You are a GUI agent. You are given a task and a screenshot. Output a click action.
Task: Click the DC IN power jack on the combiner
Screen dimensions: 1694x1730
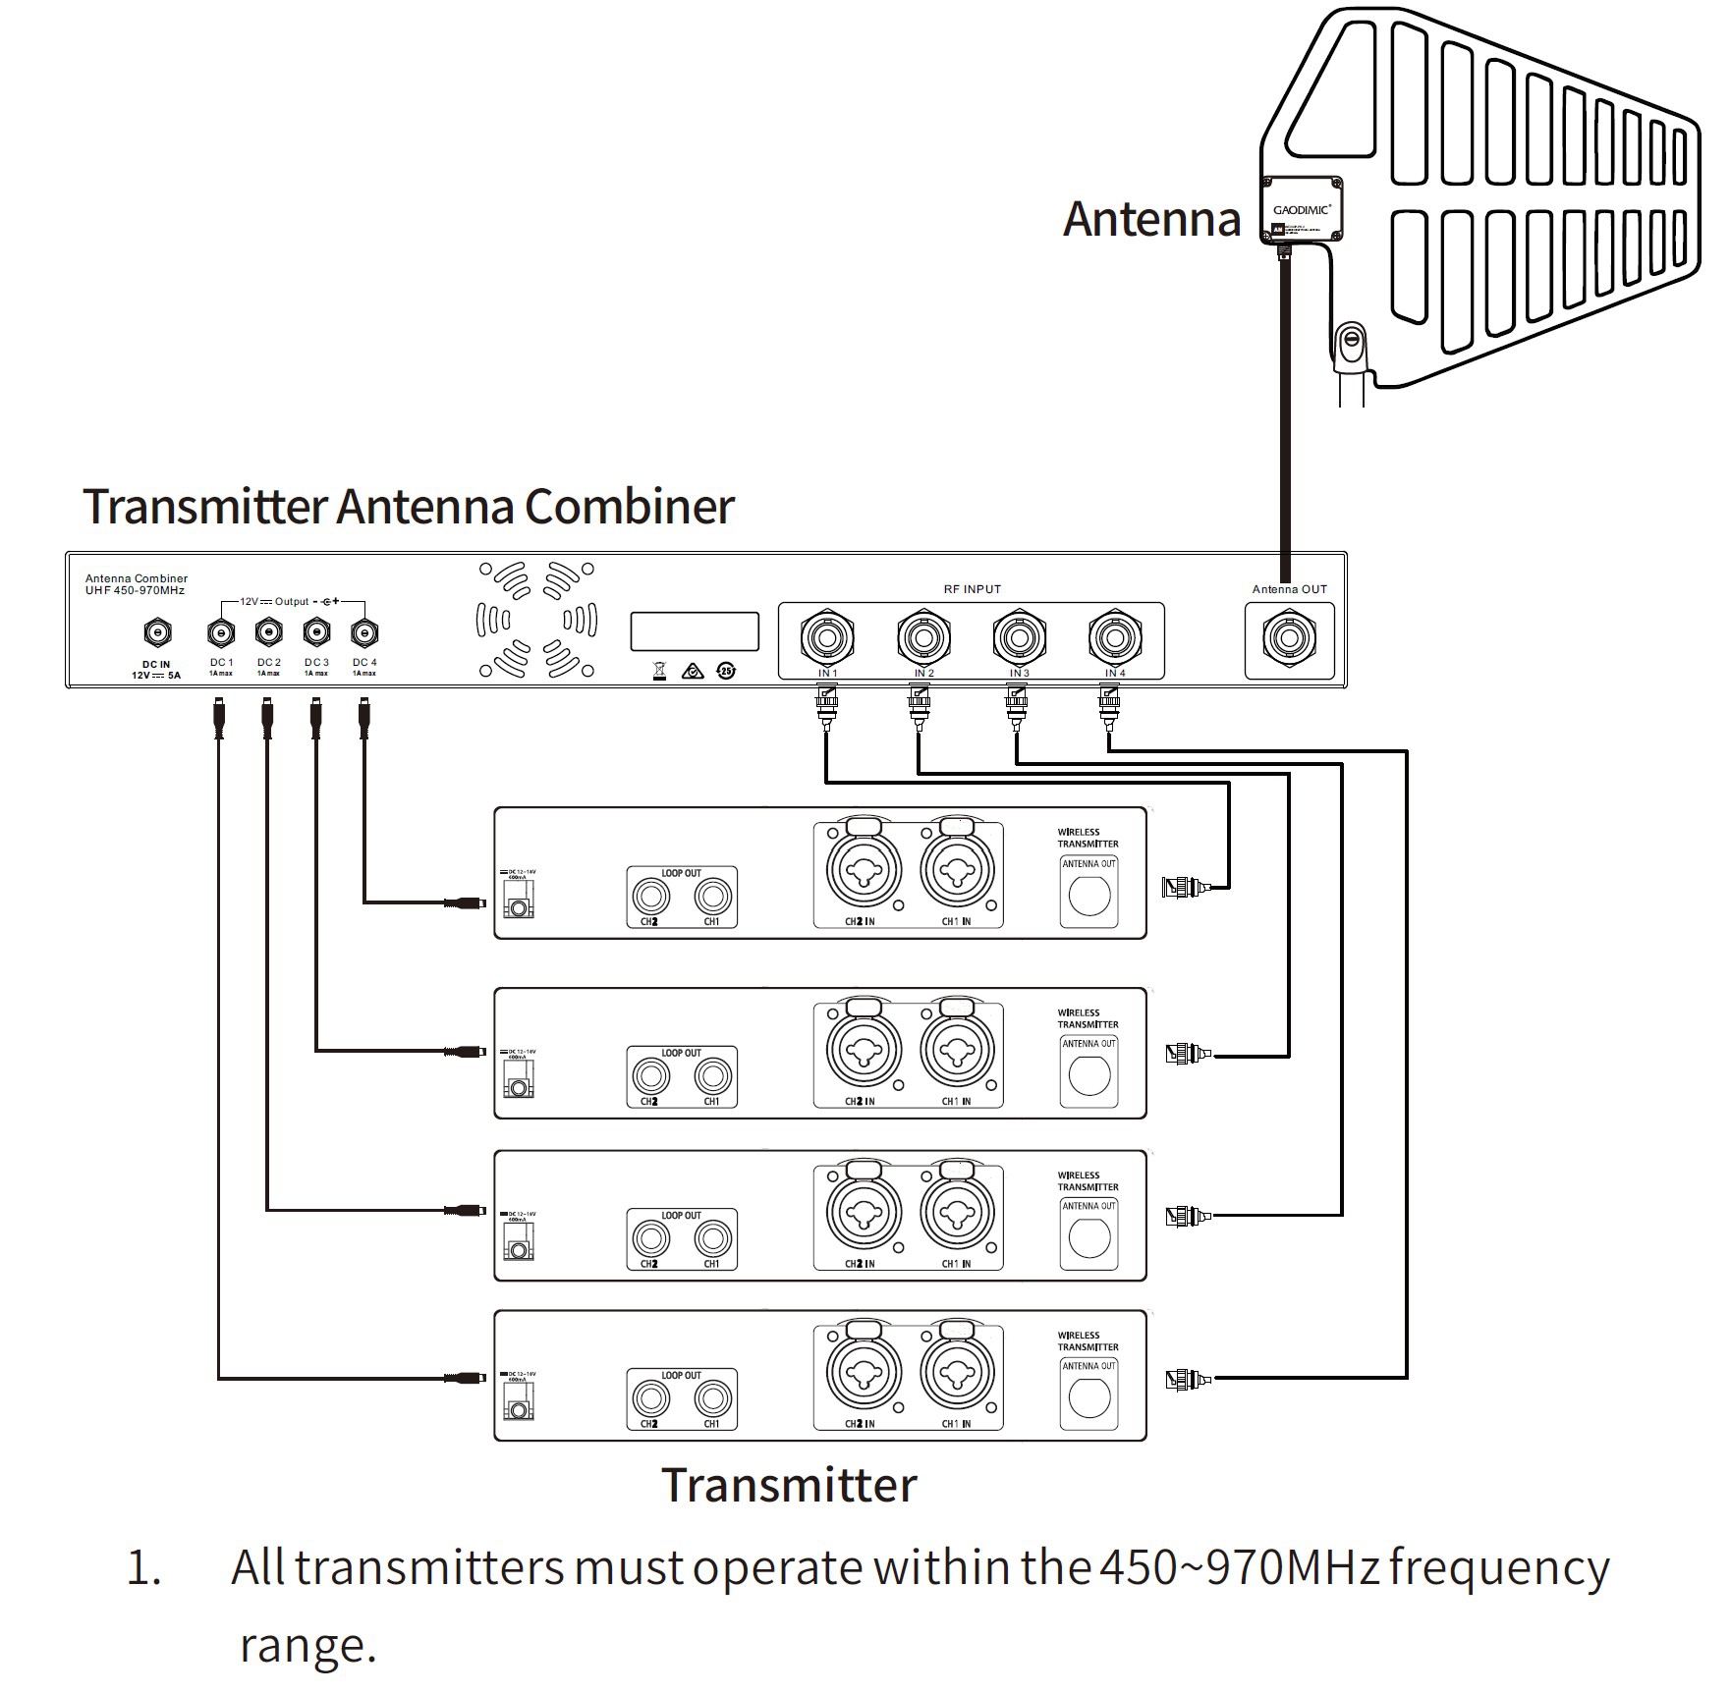[157, 632]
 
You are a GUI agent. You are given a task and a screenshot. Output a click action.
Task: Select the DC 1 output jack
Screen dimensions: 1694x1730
[221, 632]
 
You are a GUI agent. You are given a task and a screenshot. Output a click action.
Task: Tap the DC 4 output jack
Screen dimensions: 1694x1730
[364, 632]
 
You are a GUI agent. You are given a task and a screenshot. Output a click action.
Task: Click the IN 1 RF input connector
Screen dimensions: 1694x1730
[827, 638]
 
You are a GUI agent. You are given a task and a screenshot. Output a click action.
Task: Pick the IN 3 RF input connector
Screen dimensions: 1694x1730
[1019, 638]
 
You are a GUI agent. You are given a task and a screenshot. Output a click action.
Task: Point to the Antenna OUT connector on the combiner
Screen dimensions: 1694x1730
[1289, 638]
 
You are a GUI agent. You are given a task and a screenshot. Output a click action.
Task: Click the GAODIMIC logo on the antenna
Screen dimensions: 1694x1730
[1302, 209]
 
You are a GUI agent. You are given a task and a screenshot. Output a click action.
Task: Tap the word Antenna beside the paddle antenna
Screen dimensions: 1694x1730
[1151, 219]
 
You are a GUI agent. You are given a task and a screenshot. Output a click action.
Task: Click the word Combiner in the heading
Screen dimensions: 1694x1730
[629, 507]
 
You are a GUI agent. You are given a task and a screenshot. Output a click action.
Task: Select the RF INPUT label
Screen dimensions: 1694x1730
[972, 589]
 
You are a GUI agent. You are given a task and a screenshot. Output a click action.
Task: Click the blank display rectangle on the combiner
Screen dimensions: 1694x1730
[695, 631]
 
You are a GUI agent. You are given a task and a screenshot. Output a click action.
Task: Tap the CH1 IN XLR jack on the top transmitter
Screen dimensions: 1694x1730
[956, 869]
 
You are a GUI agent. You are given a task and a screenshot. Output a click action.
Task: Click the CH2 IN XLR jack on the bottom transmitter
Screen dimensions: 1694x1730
[862, 1373]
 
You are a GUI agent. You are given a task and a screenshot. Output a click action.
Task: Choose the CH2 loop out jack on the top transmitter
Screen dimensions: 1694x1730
[649, 896]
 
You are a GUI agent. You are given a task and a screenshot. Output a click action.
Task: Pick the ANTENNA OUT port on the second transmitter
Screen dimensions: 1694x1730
[1088, 1075]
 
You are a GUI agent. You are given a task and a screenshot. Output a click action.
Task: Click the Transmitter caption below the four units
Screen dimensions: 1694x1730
[789, 1485]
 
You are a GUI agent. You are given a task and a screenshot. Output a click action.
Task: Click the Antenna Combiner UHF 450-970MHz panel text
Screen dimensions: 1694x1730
[136, 584]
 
